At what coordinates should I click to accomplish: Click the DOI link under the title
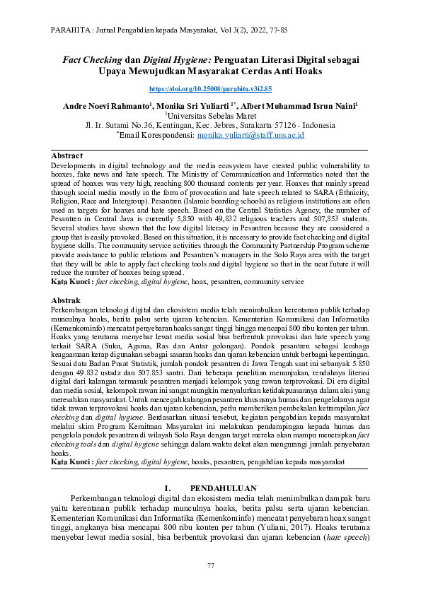point(210,89)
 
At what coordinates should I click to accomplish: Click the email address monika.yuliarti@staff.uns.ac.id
point(250,134)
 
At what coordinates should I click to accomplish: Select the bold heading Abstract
point(67,155)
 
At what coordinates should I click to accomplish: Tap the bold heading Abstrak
point(66,300)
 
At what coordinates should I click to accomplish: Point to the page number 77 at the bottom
point(210,566)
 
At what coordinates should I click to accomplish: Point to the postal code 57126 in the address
point(283,125)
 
